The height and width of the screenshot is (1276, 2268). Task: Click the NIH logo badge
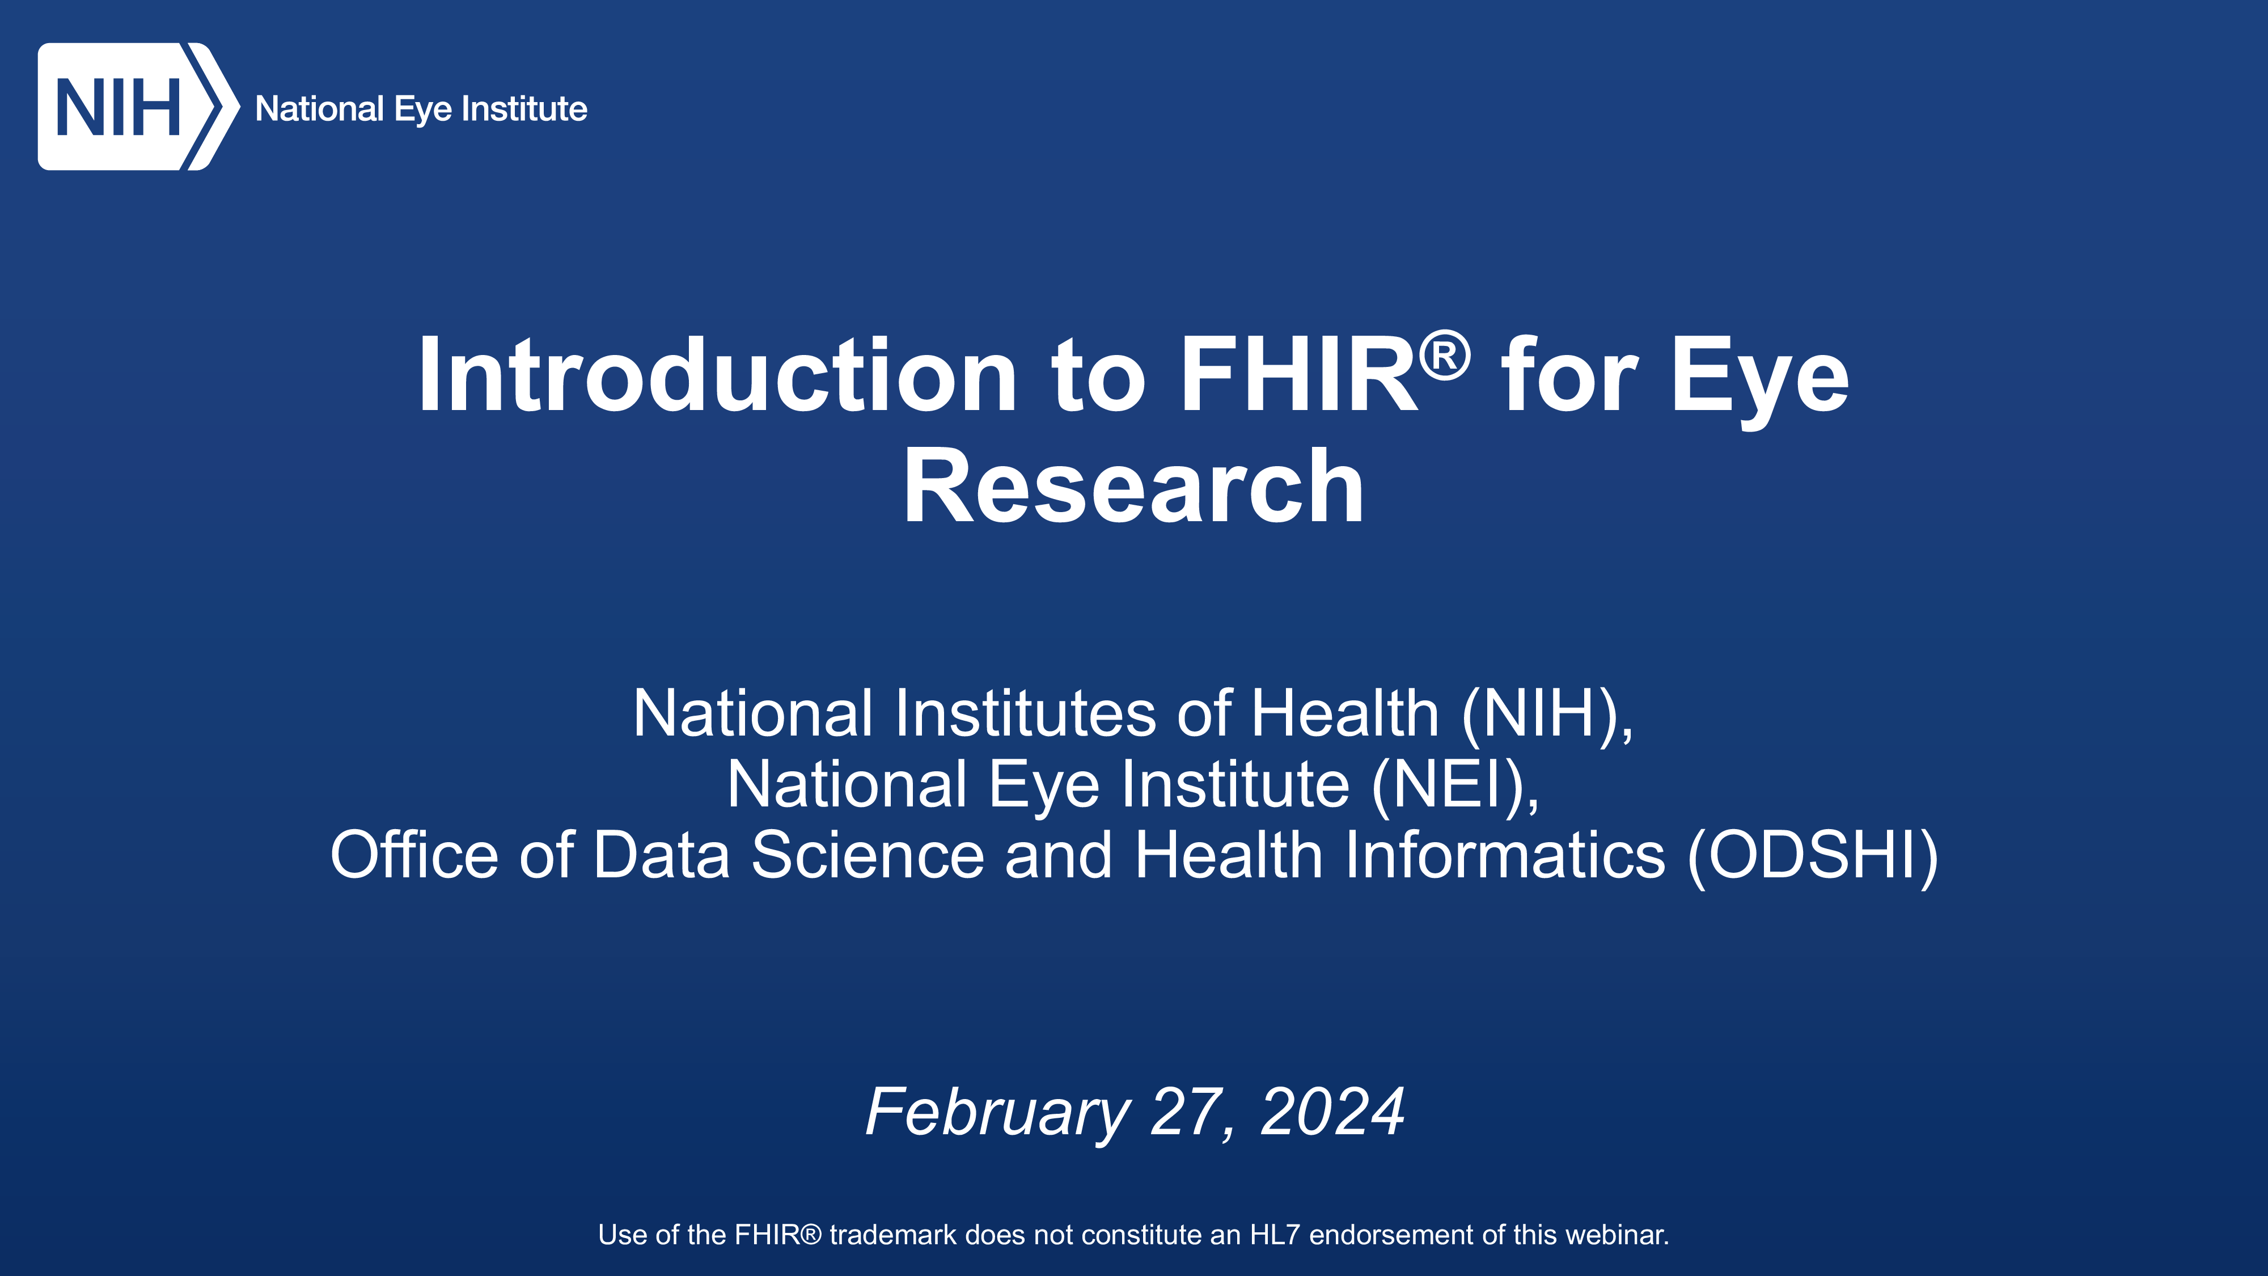click(138, 107)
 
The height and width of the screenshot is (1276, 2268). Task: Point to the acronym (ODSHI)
click(1813, 855)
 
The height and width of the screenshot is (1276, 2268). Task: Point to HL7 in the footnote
click(1275, 1235)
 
